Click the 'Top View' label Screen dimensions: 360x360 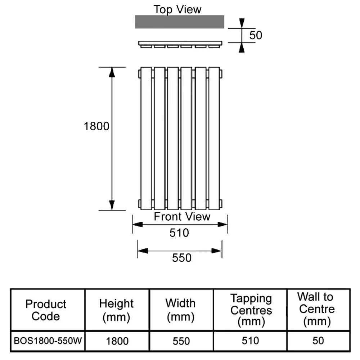[x=177, y=9]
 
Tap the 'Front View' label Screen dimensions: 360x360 [x=182, y=217]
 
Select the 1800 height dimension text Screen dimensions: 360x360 [x=96, y=126]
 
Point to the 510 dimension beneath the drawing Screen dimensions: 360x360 [x=179, y=233]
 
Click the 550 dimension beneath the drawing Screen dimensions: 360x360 [x=181, y=258]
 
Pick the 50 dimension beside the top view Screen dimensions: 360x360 [x=256, y=35]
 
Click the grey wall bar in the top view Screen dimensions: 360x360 [x=179, y=22]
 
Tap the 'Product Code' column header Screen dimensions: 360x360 [x=46, y=310]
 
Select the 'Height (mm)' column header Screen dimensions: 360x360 [x=116, y=310]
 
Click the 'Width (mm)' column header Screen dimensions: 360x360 [x=180, y=310]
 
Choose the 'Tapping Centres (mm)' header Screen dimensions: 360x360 [x=251, y=310]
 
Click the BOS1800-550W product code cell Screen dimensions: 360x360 [x=48, y=341]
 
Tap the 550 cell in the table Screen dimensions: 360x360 [x=181, y=341]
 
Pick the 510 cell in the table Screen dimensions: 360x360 [x=251, y=341]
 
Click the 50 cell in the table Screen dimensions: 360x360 [x=318, y=341]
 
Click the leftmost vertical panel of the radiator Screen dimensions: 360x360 [x=146, y=138]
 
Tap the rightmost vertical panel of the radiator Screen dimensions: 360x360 [x=214, y=138]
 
